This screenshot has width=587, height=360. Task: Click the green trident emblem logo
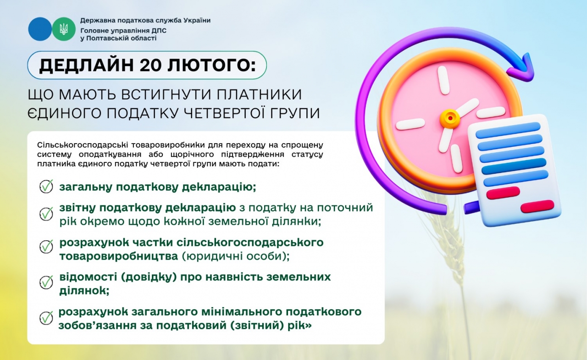pyautogui.click(x=63, y=29)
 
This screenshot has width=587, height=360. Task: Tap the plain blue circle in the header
pyautogui.click(x=40, y=29)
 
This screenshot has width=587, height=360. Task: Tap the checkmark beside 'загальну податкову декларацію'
pyautogui.click(x=46, y=187)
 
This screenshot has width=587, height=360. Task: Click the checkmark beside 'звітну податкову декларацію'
pyautogui.click(x=46, y=214)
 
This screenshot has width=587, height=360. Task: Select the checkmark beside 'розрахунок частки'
pyautogui.click(x=46, y=246)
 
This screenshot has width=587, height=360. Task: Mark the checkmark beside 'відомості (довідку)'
pyautogui.click(x=46, y=282)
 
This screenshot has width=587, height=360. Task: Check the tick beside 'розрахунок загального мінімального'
pyautogui.click(x=46, y=318)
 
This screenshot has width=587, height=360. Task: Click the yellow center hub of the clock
pyautogui.click(x=450, y=118)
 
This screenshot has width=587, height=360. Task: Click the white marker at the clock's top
pyautogui.click(x=443, y=80)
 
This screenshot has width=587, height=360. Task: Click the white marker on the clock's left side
pyautogui.click(x=410, y=124)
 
